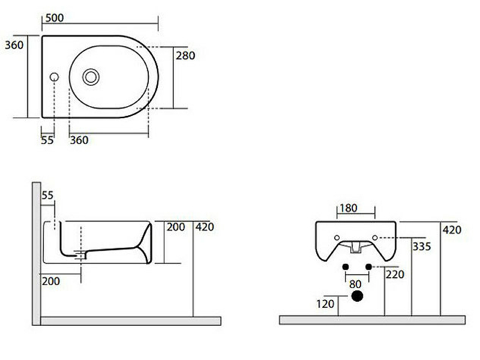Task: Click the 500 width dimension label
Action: pyautogui.click(x=55, y=18)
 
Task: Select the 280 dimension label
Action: pyautogui.click(x=185, y=55)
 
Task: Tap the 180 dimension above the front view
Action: pyautogui.click(x=349, y=208)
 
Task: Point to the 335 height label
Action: pyautogui.click(x=422, y=247)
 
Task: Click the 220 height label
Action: pyautogui.click(x=395, y=274)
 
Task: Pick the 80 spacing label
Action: pyautogui.click(x=355, y=284)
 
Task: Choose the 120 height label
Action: pyautogui.click(x=325, y=304)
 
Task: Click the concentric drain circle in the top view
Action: pyautogui.click(x=91, y=77)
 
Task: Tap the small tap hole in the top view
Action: pyautogui.click(x=54, y=77)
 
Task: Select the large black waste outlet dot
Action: pyautogui.click(x=357, y=296)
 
